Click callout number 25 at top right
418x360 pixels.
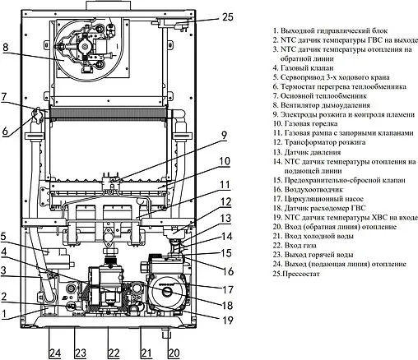pyautogui.click(x=227, y=17)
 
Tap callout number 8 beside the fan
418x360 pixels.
pyautogui.click(x=6, y=47)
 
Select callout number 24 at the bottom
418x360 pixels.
pyautogui.click(x=55, y=353)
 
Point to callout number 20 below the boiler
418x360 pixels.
pyautogui.click(x=174, y=353)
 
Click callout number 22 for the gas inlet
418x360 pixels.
pyautogui.click(x=114, y=353)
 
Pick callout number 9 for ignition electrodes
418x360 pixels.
pyautogui.click(x=224, y=135)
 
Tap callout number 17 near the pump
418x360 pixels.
pyautogui.click(x=227, y=289)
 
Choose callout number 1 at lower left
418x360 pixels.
pyautogui.click(x=3, y=314)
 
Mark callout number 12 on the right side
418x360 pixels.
pyautogui.click(x=226, y=202)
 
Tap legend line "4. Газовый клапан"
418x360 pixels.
pyautogui.click(x=303, y=67)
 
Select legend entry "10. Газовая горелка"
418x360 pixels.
pyautogui.click(x=305, y=123)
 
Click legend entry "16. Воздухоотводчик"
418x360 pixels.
pyautogui.click(x=308, y=189)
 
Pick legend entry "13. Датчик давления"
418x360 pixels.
pyautogui.click(x=307, y=152)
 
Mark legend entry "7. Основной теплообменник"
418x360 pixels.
pyautogui.click(x=319, y=96)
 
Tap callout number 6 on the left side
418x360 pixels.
pyautogui.click(x=5, y=131)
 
